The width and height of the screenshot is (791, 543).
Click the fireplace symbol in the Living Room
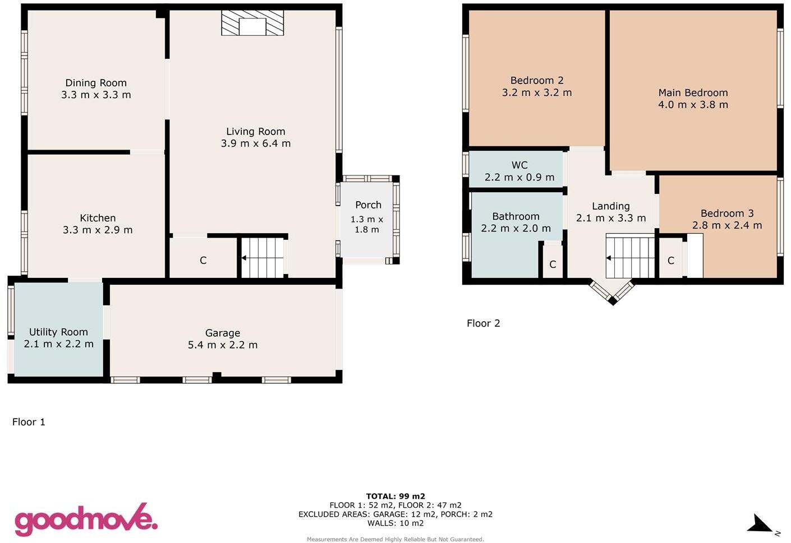(x=252, y=23)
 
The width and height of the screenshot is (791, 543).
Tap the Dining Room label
(x=96, y=83)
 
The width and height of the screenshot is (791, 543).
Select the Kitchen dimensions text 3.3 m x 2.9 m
(x=98, y=230)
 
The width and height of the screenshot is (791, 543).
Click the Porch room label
(x=368, y=205)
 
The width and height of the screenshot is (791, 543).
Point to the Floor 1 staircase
(x=263, y=258)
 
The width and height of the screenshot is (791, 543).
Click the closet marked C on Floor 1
(x=203, y=261)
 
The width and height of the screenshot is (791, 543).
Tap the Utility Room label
(x=58, y=332)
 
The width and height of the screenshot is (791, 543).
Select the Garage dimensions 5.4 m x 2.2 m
(x=223, y=345)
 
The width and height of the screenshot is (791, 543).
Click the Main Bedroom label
(x=693, y=92)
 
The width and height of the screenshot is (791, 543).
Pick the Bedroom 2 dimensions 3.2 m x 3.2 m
(x=537, y=92)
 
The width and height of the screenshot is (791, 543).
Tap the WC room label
(x=519, y=165)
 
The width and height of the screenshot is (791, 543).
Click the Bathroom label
(x=516, y=216)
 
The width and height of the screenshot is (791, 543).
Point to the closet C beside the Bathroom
(x=553, y=264)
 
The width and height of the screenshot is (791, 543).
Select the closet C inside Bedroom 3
(x=670, y=261)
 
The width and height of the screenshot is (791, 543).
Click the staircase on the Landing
(x=630, y=257)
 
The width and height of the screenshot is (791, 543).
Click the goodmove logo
(x=85, y=519)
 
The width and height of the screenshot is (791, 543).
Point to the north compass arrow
(x=762, y=525)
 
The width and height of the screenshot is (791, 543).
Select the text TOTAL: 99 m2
(x=395, y=496)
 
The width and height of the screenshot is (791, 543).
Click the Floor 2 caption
(x=483, y=323)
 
